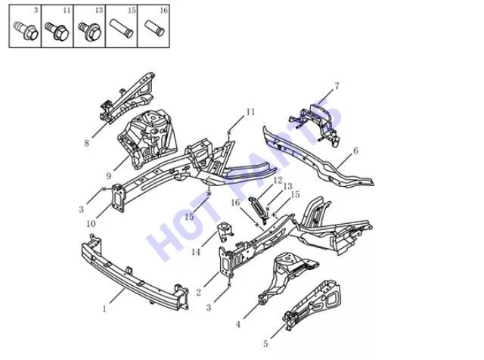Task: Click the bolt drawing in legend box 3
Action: tap(26, 30)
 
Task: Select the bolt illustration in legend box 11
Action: tap(57, 31)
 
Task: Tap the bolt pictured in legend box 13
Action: tap(89, 31)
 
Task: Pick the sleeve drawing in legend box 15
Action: tap(121, 29)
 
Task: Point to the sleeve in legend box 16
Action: tap(154, 29)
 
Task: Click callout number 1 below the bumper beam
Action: tap(104, 309)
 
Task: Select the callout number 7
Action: tap(337, 85)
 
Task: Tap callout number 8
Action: tap(87, 143)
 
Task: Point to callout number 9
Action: tap(109, 176)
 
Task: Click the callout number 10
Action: tap(91, 224)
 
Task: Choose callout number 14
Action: tap(196, 252)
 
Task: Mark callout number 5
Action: tap(265, 343)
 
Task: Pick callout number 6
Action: tap(355, 151)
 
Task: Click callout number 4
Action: tap(238, 324)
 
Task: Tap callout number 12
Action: tap(278, 180)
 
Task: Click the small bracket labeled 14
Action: tap(225, 233)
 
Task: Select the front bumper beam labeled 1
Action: tap(133, 272)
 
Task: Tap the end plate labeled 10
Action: tap(118, 198)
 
